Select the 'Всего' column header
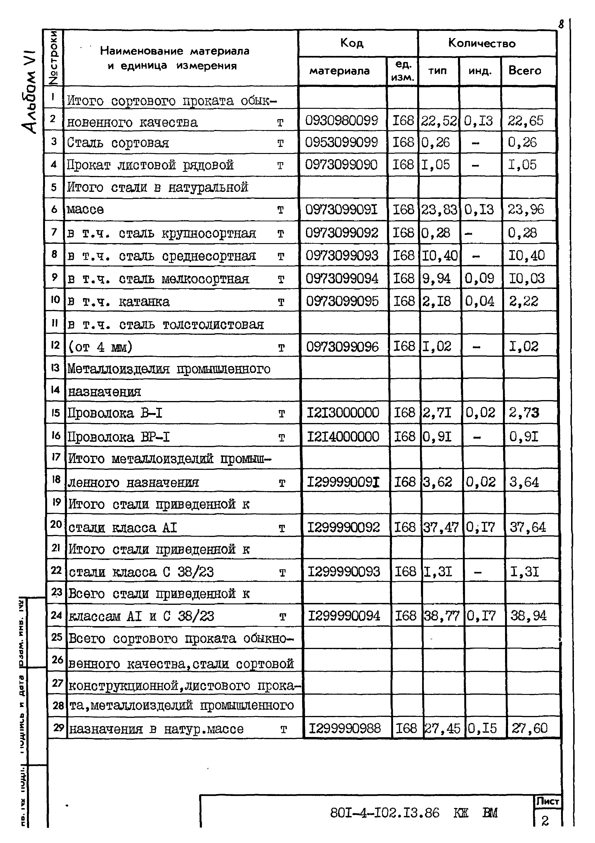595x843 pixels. pyautogui.click(x=524, y=70)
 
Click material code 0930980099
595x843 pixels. pyautogui.click(x=341, y=120)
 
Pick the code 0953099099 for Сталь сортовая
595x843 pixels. pyautogui.click(x=341, y=142)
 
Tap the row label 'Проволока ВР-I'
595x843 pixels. pyautogui.click(x=119, y=437)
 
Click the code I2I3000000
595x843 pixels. pyautogui.click(x=343, y=413)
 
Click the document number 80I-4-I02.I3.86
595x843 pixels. pyautogui.click(x=384, y=813)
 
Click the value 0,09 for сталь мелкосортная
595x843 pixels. pyautogui.click(x=479, y=278)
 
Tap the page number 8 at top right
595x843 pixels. pyautogui.click(x=561, y=25)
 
